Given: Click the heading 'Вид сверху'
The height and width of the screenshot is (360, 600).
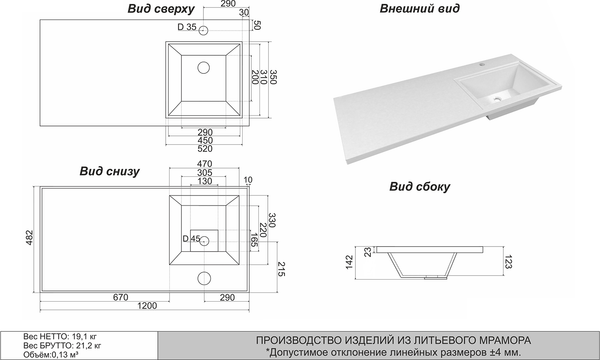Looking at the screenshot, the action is [x=161, y=9].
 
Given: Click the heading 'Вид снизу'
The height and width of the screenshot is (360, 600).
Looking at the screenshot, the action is [x=109, y=171].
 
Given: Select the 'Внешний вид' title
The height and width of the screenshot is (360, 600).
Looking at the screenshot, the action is [x=419, y=8].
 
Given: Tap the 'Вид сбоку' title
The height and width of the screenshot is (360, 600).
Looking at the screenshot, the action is [x=419, y=187].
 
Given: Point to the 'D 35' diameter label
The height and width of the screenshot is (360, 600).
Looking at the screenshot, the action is [x=187, y=27].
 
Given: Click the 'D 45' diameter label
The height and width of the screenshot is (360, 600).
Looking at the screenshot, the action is [x=191, y=239].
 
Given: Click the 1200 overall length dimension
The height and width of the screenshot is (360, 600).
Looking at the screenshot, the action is [x=147, y=306].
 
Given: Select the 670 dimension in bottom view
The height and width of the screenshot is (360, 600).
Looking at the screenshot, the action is [x=121, y=297].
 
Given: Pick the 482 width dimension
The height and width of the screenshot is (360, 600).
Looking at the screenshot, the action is [x=30, y=238].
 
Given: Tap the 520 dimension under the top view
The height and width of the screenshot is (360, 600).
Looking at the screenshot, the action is [x=205, y=148].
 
